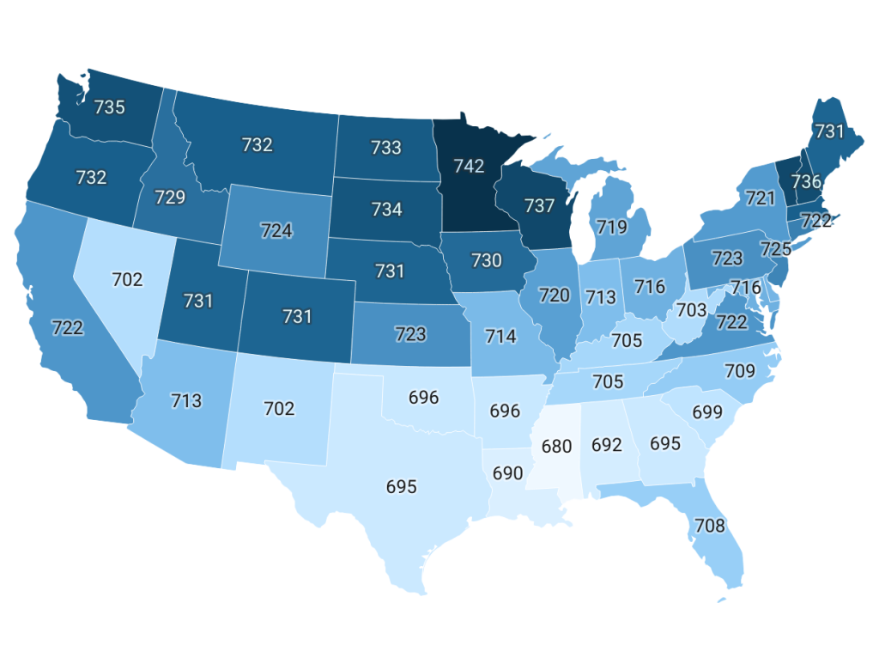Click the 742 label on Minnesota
[x=470, y=166]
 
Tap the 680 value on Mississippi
[x=556, y=448]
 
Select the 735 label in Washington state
[x=109, y=107]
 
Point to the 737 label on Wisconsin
[x=539, y=206]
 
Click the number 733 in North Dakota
[x=386, y=147]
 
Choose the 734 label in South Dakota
[x=386, y=209]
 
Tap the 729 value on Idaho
[x=170, y=198]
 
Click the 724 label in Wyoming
[x=277, y=230]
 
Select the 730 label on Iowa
[x=486, y=260]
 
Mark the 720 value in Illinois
[x=555, y=295]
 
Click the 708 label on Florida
[x=711, y=526]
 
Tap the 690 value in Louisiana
[x=508, y=473]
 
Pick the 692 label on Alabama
[x=607, y=446]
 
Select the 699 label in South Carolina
[x=707, y=411]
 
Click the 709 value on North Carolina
[x=740, y=371]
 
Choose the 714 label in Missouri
[x=500, y=336]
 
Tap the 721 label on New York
[x=761, y=198]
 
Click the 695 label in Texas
[x=401, y=486]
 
